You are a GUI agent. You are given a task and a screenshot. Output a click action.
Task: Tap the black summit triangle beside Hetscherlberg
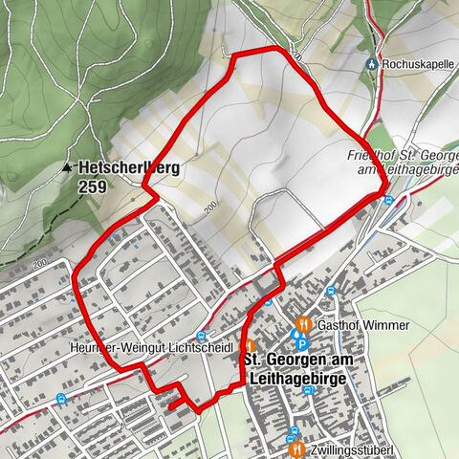pyautogui.click(x=67, y=166)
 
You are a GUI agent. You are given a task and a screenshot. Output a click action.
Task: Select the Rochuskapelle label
pyautogui.click(x=415, y=64)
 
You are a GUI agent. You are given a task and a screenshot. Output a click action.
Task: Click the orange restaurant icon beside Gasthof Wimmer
pyautogui.click(x=304, y=324)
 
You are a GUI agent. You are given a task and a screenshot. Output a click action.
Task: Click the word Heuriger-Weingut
pyautogui.click(x=98, y=347)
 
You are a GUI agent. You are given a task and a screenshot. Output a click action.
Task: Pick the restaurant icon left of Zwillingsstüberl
pyautogui.click(x=295, y=448)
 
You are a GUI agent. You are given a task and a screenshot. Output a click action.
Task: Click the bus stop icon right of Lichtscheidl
pyautogui.click(x=201, y=336)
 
